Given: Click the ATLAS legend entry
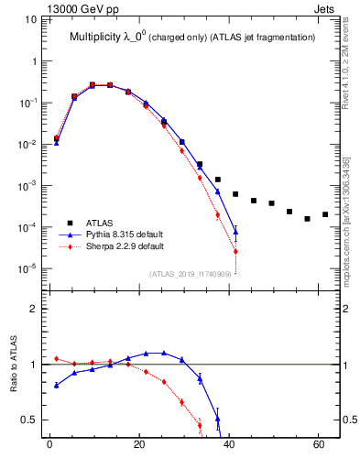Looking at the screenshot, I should point(99,223).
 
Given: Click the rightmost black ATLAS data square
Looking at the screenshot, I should point(325,214).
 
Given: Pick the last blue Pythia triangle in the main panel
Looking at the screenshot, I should point(235,232).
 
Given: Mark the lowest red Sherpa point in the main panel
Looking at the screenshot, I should point(235,251).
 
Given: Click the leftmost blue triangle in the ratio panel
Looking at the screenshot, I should point(57,385).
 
